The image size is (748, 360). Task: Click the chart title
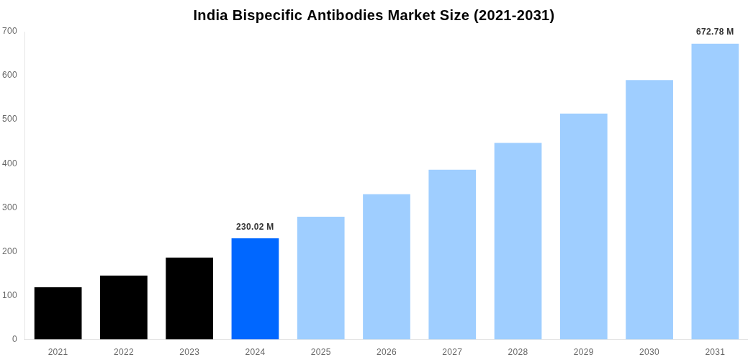[374, 15]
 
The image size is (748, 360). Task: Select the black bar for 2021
[58, 313]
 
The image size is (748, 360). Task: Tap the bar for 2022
[124, 307]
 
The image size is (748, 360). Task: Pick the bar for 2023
[189, 298]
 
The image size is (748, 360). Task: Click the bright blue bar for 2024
[255, 289]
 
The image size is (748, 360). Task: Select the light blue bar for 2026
[387, 266]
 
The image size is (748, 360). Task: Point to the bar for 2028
[518, 241]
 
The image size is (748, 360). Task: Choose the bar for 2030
[649, 210]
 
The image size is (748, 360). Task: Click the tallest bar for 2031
[715, 192]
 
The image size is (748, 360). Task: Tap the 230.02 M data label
[255, 227]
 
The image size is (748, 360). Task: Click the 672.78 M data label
[715, 32]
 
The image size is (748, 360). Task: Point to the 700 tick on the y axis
[9, 31]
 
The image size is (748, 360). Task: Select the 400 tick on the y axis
[9, 163]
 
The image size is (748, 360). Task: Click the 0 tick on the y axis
[14, 339]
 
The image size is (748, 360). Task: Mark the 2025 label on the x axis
[320, 352]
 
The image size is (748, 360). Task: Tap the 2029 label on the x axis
[584, 352]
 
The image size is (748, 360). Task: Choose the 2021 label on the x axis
[58, 352]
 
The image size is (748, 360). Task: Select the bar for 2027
[452, 254]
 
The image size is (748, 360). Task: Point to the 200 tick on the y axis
[9, 251]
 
